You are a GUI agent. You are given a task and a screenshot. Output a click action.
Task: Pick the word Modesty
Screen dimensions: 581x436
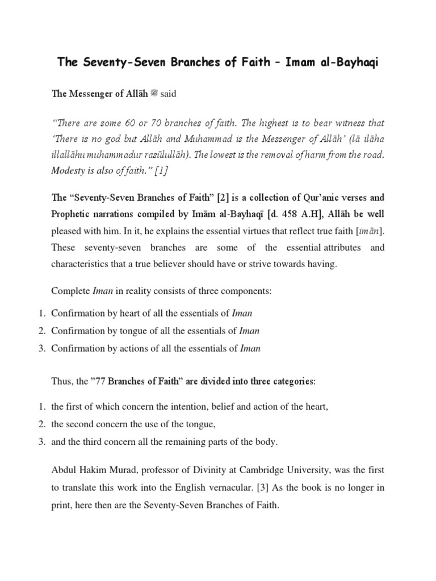[69, 171]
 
